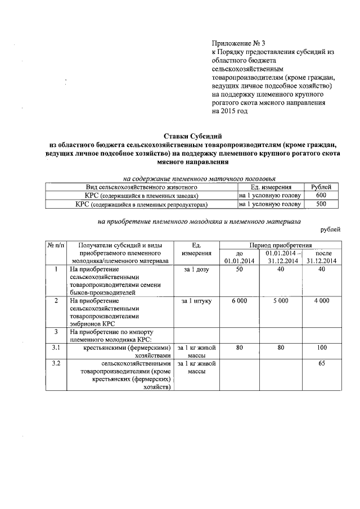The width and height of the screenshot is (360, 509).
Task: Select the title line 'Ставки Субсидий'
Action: pyautogui.click(x=193, y=136)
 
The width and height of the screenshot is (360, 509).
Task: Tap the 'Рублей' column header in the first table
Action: pyautogui.click(x=321, y=187)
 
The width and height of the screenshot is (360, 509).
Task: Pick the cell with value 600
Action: pyautogui.click(x=321, y=195)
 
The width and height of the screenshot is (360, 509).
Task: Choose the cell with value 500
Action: pyautogui.click(x=321, y=204)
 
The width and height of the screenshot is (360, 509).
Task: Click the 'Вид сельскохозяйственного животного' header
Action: pyautogui.click(x=141, y=187)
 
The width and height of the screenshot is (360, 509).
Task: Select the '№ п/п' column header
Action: pyautogui.click(x=56, y=245)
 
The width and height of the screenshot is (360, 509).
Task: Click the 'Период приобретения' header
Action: pyautogui.click(x=281, y=245)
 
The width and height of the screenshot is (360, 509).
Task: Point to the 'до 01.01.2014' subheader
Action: pyautogui.click(x=239, y=257)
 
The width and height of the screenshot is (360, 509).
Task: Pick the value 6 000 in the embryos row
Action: pyautogui.click(x=239, y=301)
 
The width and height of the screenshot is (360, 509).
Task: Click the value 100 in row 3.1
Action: pyautogui.click(x=322, y=348)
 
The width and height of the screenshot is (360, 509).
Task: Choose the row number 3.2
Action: pyautogui.click(x=56, y=364)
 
